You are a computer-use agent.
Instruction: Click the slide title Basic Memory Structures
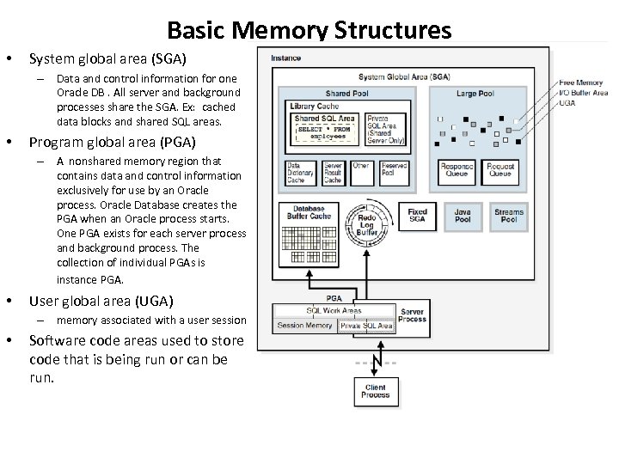(309, 31)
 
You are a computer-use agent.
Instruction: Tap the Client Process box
(376, 391)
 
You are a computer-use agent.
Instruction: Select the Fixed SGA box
(418, 216)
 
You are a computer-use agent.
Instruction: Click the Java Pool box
(463, 216)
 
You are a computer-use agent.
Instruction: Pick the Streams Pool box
(509, 216)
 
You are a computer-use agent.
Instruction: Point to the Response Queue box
(457, 169)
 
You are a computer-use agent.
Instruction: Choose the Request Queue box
(500, 169)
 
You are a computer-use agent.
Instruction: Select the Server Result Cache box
(333, 173)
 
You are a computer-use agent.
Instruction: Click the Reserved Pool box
(395, 169)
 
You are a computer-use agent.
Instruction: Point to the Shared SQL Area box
(325, 127)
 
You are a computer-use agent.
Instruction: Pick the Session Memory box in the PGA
(305, 326)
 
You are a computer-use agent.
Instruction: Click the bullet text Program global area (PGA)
(113, 142)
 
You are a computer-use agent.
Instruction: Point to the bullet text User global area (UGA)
(101, 301)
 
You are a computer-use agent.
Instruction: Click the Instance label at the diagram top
(286, 58)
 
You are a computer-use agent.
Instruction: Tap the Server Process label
(413, 315)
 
